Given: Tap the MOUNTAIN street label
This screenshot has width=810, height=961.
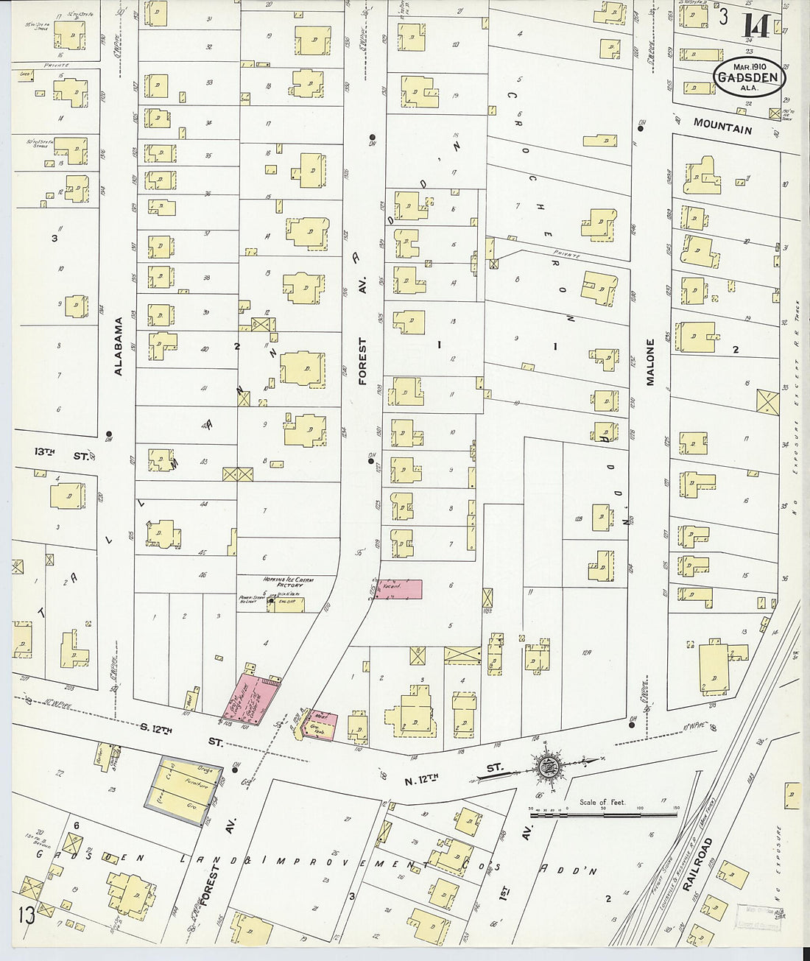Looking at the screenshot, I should click(722, 127).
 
